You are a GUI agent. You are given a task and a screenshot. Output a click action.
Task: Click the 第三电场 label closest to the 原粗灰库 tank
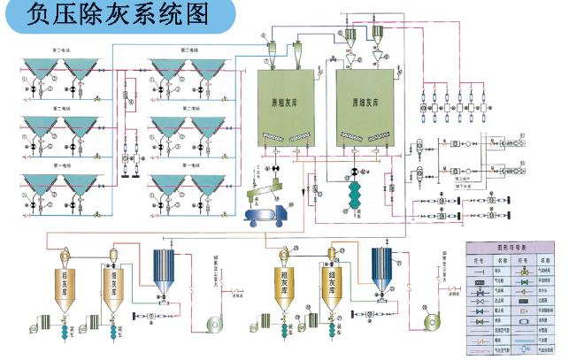tap(192, 50)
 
